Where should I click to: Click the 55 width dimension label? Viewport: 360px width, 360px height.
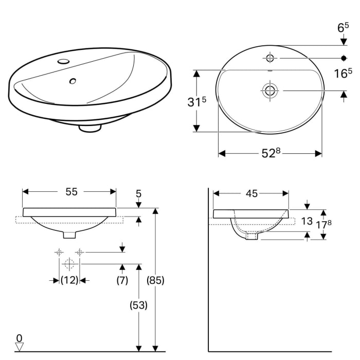coord(71,191)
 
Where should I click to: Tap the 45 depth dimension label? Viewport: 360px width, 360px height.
coord(251,193)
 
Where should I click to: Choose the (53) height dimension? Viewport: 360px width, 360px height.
coord(138,304)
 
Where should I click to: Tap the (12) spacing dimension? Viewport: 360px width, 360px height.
coord(69,280)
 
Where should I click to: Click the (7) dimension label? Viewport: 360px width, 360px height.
coord(121,280)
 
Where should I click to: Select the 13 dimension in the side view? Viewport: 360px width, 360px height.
coord(307,221)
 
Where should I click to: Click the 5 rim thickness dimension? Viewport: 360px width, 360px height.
coord(138,194)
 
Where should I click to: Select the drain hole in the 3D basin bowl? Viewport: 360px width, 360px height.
coord(73,81)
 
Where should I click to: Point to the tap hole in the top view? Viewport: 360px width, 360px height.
coord(269,58)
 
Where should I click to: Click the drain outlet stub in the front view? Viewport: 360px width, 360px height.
coord(69,235)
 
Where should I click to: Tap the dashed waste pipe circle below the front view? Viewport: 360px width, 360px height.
coord(69,264)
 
